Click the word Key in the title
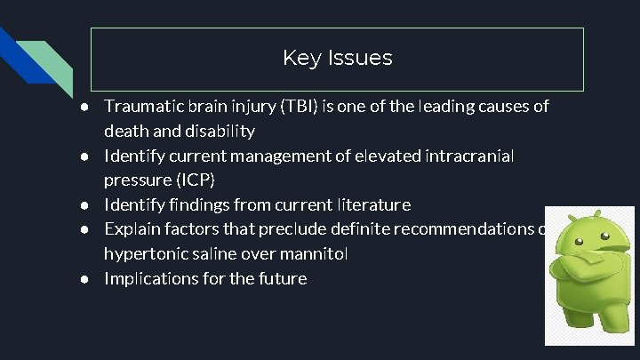(x=300, y=59)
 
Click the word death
(x=126, y=132)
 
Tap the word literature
(x=373, y=205)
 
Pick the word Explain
(x=133, y=229)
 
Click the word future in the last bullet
(x=283, y=279)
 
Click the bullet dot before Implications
(x=84, y=279)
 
